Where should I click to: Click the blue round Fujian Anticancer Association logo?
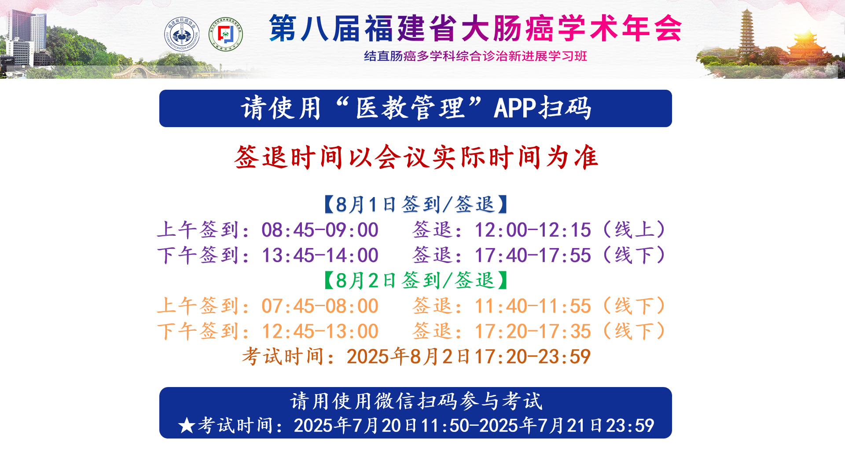[x=182, y=34]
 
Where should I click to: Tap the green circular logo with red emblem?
[x=225, y=34]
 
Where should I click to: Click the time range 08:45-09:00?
[x=320, y=230]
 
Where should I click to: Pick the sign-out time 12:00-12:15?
[x=533, y=230]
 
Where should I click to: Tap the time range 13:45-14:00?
[x=320, y=256]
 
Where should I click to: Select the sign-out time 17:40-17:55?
[x=533, y=256]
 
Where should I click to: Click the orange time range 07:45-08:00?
[x=320, y=306]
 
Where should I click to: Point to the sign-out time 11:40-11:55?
[x=533, y=306]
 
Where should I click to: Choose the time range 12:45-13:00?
[x=320, y=332]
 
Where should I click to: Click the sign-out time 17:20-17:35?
[x=533, y=332]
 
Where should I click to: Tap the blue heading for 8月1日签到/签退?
[x=416, y=205]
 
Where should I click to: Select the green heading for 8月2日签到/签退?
[x=416, y=281]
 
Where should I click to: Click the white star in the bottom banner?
[x=187, y=426]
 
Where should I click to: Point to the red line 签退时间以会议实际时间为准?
[x=416, y=157]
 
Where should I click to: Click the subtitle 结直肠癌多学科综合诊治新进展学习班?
[x=475, y=56]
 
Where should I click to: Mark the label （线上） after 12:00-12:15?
[x=634, y=230]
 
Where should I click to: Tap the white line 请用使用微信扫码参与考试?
[x=416, y=401]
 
